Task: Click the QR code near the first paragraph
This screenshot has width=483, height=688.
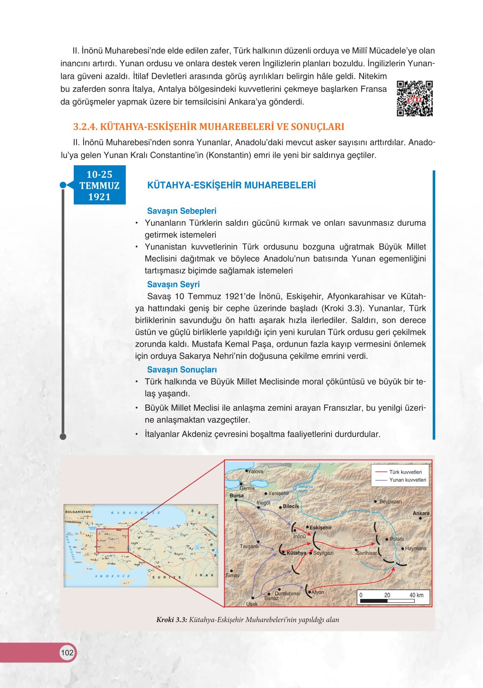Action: [414, 98]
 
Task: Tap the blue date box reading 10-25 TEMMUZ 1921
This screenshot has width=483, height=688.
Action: [99, 185]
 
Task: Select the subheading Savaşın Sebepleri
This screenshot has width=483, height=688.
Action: [182, 211]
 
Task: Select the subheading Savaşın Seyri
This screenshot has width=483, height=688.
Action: [173, 284]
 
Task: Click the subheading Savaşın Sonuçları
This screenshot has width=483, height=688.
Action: [182, 370]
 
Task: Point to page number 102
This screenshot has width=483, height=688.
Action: [67, 653]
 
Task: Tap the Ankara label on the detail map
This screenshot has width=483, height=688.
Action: [421, 513]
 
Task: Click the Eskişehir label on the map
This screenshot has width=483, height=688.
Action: [320, 527]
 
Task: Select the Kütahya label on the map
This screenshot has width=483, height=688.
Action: [296, 553]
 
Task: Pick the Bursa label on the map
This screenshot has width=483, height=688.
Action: [237, 495]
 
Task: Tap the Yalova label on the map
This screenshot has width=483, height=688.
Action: [255, 472]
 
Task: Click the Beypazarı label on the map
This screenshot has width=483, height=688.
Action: [390, 501]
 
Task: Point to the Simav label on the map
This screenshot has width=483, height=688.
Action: [232, 575]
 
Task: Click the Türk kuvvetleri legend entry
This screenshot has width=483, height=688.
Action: [405, 472]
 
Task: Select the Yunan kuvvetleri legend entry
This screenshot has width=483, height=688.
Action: [407, 480]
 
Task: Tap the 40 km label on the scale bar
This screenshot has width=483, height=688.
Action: [416, 595]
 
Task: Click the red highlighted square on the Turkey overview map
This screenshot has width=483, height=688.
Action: [112, 541]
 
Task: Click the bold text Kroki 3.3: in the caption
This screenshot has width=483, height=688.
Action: [171, 620]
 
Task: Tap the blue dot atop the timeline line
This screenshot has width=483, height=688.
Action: [63, 185]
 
